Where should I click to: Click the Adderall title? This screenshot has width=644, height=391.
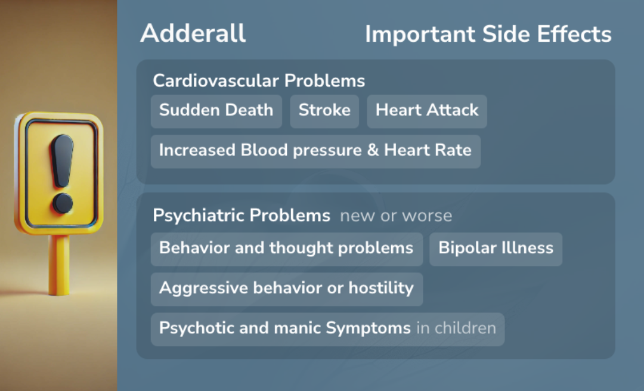(193, 33)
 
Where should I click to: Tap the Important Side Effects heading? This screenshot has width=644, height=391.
(488, 34)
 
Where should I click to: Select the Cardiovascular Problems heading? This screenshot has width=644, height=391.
(259, 80)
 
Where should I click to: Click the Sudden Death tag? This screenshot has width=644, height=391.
(216, 111)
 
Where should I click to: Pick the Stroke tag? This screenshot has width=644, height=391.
(324, 111)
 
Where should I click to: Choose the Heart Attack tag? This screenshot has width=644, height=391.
(427, 111)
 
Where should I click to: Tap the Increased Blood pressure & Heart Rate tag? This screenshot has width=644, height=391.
(315, 151)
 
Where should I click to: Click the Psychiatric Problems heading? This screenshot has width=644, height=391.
(241, 215)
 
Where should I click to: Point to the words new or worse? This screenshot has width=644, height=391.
(396, 216)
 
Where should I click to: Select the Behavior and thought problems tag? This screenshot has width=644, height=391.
(287, 249)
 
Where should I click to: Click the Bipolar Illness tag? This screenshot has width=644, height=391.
(496, 249)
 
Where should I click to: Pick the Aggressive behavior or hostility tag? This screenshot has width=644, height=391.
(287, 289)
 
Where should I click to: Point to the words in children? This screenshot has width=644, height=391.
(456, 328)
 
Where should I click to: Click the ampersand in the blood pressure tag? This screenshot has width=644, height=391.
(373, 150)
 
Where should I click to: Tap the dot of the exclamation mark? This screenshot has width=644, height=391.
(63, 203)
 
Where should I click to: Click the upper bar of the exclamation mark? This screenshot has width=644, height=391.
(62, 160)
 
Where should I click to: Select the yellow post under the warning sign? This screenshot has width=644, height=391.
(58, 265)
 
